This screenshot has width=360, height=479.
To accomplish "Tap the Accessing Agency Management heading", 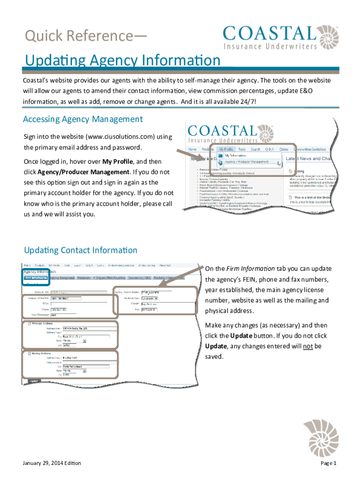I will pyautogui.click(x=83, y=119).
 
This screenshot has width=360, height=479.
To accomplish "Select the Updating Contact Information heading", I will pyautogui.click(x=80, y=250).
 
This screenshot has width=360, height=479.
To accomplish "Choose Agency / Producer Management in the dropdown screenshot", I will pyautogui.click(x=246, y=162).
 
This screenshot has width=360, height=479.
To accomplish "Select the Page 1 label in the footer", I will pyautogui.click(x=329, y=463).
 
